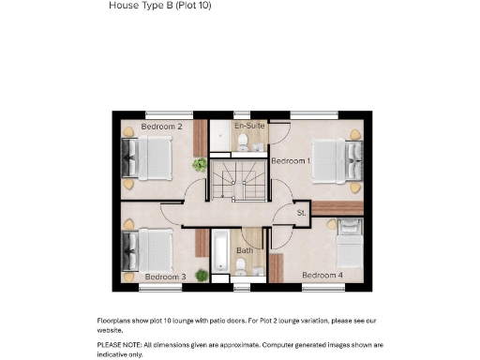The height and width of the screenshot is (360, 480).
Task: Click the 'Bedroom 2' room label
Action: (161, 126)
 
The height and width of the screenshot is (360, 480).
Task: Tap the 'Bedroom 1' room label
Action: (291, 161)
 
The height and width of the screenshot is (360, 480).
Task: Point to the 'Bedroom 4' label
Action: (322, 275)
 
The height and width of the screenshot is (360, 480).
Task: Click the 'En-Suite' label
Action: (248, 125)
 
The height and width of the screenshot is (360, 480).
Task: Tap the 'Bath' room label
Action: (244, 250)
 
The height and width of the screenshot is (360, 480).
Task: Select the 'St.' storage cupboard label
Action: (302, 214)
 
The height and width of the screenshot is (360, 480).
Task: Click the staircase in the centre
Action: (237, 180)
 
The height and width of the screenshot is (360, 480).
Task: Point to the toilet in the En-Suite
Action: (243, 142)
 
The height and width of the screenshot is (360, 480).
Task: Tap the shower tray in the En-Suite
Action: (219, 137)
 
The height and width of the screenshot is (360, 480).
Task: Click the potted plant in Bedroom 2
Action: (200, 165)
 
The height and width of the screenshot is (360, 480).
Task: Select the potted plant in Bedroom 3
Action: (202, 275)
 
